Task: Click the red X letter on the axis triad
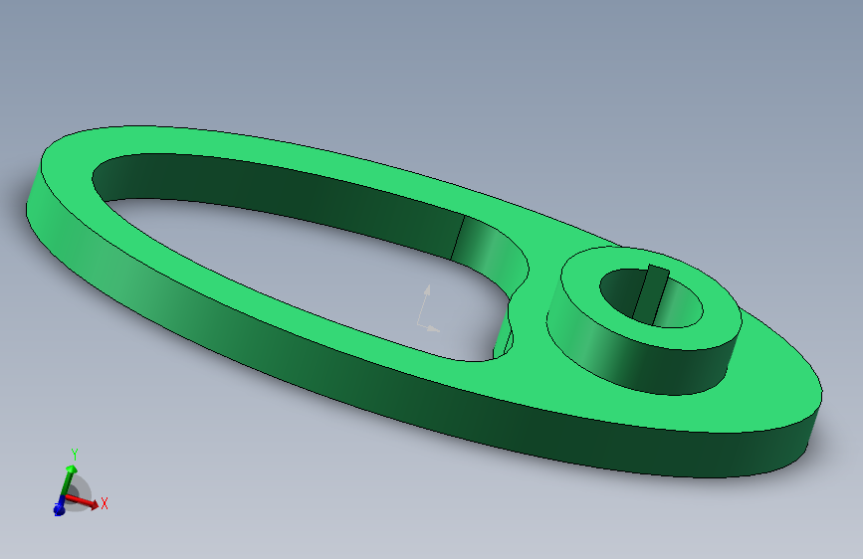(x=104, y=504)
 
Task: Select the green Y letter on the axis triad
(x=73, y=455)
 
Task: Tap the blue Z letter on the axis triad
(x=59, y=510)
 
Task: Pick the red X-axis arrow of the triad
(x=86, y=502)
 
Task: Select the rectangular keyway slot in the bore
(x=653, y=291)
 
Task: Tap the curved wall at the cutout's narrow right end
(x=493, y=249)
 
